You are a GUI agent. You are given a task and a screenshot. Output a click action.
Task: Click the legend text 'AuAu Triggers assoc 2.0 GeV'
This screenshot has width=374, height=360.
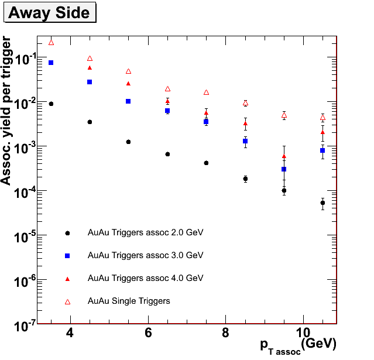tap(145, 232)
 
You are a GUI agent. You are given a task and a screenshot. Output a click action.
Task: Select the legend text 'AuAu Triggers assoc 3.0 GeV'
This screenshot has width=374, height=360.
tap(145, 255)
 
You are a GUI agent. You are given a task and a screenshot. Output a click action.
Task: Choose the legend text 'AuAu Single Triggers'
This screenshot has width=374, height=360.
tap(129, 301)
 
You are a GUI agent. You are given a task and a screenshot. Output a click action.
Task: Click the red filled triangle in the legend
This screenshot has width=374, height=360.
tap(67, 278)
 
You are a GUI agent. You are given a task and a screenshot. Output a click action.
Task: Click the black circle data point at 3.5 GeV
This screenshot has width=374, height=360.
tap(51, 104)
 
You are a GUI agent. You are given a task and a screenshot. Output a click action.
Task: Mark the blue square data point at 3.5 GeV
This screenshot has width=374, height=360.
tap(51, 63)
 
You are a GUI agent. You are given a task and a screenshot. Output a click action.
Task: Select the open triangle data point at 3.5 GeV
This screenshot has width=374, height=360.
tap(51, 42)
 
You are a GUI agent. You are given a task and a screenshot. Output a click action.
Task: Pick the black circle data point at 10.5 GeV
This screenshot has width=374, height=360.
tap(322, 203)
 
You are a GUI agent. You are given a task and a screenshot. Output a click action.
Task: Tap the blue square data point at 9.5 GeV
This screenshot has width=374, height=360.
tap(284, 169)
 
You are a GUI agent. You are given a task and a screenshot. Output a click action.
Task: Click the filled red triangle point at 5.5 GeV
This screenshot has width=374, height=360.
tap(128, 84)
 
